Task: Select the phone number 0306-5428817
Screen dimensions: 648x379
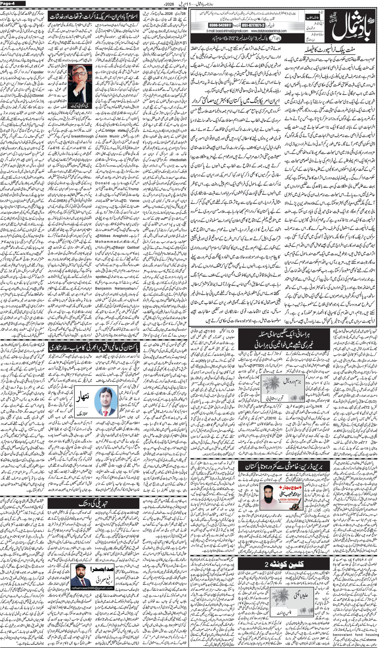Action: pos(221,25)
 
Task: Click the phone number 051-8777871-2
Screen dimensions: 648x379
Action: pos(254,25)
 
